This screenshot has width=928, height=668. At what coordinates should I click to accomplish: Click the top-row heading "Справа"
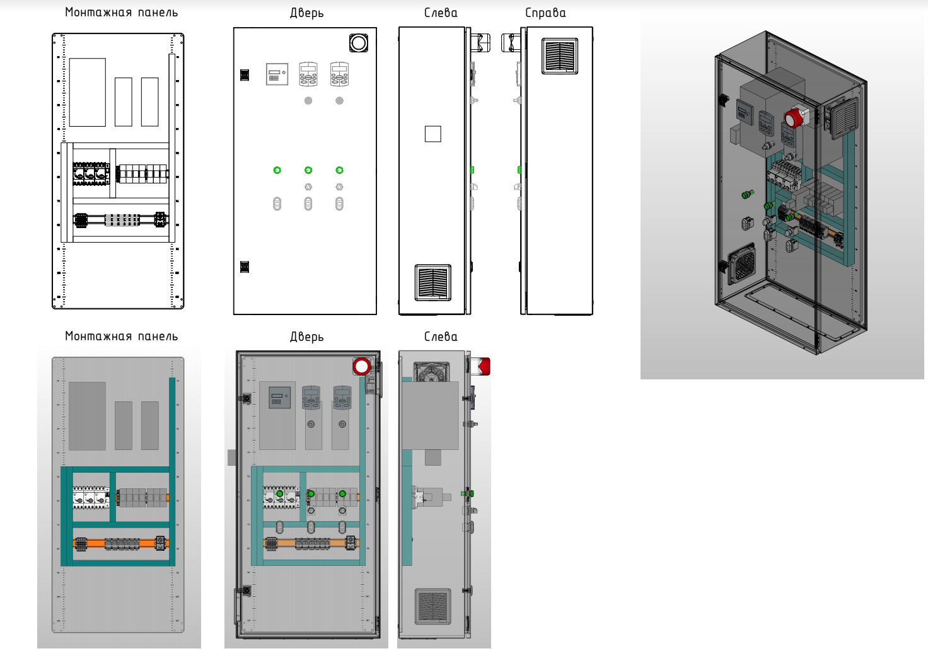[545, 13]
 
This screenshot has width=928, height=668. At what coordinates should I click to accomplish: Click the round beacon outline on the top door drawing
[359, 43]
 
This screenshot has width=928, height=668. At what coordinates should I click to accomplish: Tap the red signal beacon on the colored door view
[362, 366]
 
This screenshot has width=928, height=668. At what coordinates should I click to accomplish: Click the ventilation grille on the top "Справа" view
[559, 57]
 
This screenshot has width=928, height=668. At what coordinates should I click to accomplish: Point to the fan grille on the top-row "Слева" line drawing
[432, 282]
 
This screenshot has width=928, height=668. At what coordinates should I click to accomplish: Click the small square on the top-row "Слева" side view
[432, 134]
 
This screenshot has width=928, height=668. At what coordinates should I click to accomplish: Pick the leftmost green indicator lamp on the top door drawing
[277, 170]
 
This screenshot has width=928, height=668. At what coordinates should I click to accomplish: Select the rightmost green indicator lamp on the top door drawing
[339, 170]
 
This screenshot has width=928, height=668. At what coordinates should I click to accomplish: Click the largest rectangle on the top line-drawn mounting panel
[87, 92]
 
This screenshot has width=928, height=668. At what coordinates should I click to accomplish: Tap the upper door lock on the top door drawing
[245, 75]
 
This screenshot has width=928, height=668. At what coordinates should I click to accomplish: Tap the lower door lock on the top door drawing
[245, 267]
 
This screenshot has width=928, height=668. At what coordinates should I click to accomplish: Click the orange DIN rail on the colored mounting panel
[120, 543]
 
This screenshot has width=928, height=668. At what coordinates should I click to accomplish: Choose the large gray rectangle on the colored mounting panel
[87, 415]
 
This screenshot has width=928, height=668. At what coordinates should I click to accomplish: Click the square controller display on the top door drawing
[277, 74]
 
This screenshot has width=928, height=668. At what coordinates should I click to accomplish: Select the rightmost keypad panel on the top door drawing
[339, 74]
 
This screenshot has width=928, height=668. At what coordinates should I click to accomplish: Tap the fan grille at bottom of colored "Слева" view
[432, 606]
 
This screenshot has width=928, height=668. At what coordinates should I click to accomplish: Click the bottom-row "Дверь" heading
[306, 337]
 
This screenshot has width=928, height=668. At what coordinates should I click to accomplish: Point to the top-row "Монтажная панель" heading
[121, 13]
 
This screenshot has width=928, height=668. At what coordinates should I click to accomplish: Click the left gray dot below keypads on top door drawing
[308, 101]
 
